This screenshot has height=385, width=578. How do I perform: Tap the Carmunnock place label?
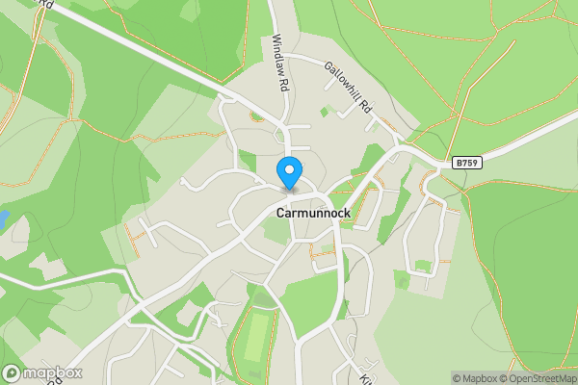click(313, 213)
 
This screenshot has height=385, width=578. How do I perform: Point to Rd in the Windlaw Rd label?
click(284, 84)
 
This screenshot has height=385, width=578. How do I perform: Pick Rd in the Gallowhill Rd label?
click(365, 108)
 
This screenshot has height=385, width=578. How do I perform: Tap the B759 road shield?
click(467, 164)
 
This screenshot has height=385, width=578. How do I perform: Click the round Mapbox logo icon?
click(13, 372)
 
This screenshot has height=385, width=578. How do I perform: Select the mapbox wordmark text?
click(53, 372)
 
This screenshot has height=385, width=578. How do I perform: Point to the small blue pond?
click(3, 218)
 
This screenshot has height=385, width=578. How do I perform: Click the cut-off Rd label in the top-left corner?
click(43, 4)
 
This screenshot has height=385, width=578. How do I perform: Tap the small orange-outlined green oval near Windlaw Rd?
click(256, 117)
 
